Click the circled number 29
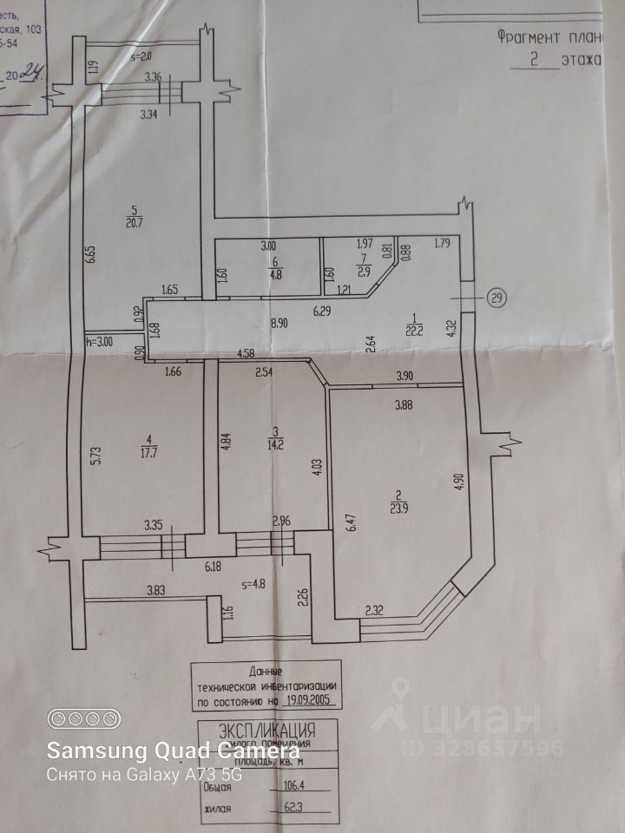pos(497,298)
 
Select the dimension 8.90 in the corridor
pos(278,323)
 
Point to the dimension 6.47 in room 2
pos(350,522)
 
